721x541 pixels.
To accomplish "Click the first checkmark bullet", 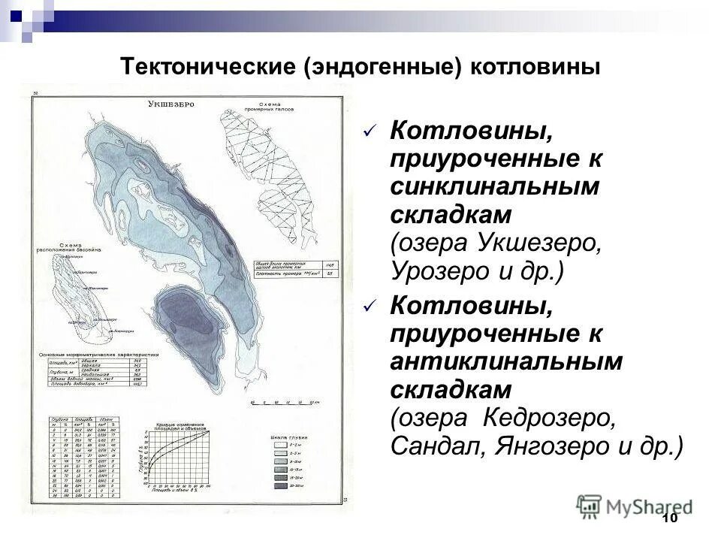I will pos(369,132).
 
